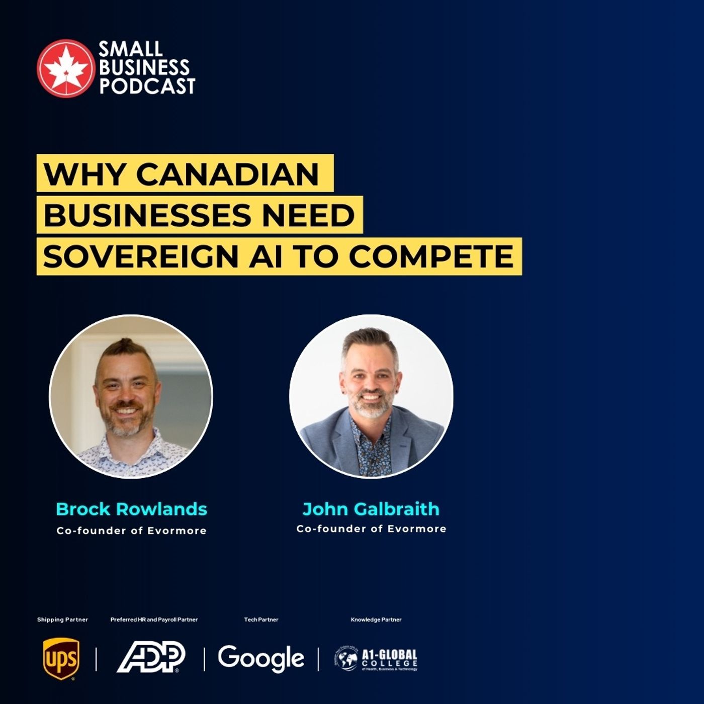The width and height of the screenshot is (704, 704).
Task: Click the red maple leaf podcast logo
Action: point(65,68)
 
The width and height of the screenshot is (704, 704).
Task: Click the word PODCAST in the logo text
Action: point(147,86)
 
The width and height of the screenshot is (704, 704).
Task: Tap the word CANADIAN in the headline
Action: point(227,174)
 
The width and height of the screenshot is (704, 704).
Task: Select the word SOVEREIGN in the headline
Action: point(140,256)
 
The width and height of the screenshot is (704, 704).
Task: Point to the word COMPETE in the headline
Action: point(431,256)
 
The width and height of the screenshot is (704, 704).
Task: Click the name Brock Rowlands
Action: point(131,509)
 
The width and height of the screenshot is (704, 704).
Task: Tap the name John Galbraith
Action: point(371,509)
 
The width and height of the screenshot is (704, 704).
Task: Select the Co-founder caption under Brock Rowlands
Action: point(131,531)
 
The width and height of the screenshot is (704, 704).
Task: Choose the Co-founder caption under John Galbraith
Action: point(371,529)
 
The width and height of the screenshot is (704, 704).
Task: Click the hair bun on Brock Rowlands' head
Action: point(126,345)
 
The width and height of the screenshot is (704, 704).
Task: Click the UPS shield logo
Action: point(61,658)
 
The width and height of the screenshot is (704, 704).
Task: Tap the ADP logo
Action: point(151,657)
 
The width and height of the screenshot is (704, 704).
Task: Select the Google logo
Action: point(260,658)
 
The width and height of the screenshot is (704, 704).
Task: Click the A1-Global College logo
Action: point(376,659)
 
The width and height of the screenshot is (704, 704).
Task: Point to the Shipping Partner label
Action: point(62,620)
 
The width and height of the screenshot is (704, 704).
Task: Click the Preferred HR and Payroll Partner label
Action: point(154,620)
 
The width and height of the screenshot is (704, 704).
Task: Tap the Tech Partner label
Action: point(261,620)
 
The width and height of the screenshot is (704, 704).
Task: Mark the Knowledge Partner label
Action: point(376,620)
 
